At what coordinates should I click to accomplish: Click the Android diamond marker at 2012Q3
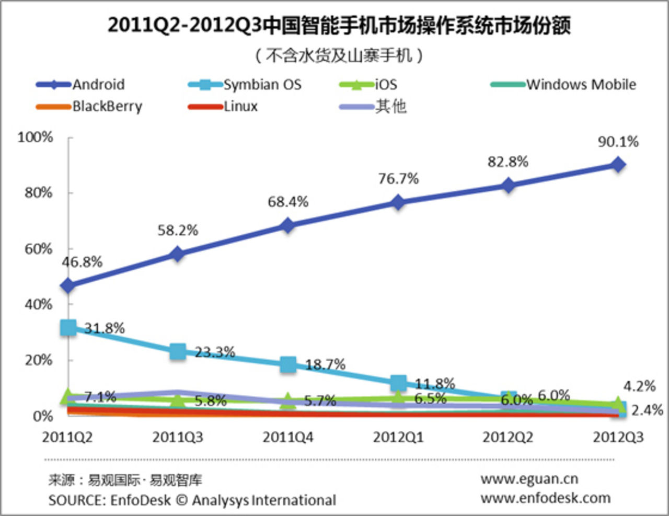(618, 165)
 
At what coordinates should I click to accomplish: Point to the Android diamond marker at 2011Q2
(68, 286)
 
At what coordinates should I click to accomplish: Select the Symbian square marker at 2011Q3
(178, 351)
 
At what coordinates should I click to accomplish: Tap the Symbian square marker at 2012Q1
(398, 383)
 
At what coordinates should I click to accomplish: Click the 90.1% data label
(618, 142)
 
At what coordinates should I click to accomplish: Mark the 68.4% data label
(288, 202)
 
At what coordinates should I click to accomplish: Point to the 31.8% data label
(105, 328)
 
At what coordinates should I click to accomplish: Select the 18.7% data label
(325, 364)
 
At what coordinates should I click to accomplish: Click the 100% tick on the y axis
(36, 137)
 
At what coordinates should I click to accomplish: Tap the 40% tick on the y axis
(38, 304)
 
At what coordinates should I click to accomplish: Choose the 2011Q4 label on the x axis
(288, 437)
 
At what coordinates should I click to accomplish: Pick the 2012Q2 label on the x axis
(508, 437)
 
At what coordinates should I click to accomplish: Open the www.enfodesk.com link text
(545, 498)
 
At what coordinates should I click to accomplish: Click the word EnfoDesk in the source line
(140, 500)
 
